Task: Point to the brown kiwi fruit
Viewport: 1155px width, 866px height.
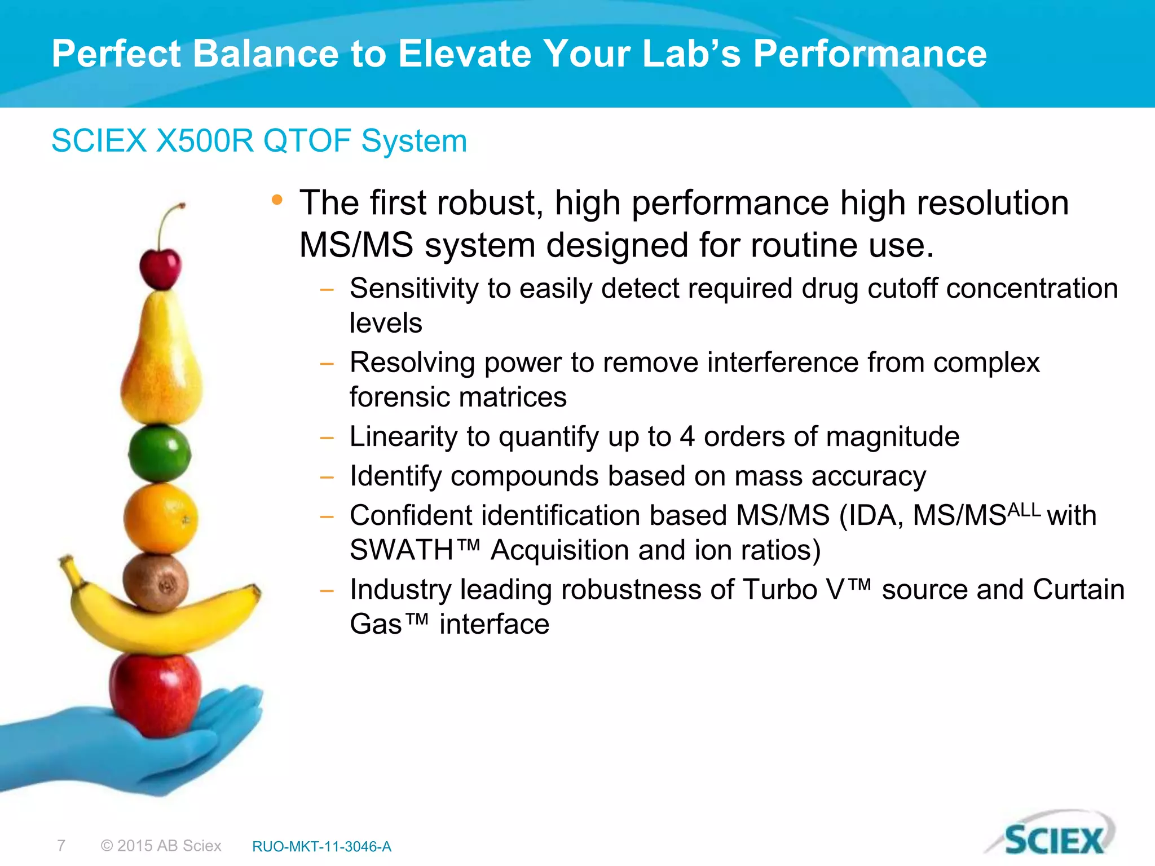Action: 156,582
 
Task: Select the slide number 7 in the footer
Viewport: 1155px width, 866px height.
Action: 61,846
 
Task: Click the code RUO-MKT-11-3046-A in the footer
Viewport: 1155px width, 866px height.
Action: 321,846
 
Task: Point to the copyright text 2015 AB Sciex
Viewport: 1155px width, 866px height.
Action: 161,846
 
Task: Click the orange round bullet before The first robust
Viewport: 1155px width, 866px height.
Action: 276,200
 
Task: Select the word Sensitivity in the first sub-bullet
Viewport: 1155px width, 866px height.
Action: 414,289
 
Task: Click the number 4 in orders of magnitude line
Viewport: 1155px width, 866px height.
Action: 686,436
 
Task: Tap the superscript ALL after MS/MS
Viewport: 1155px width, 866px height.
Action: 1024,510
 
